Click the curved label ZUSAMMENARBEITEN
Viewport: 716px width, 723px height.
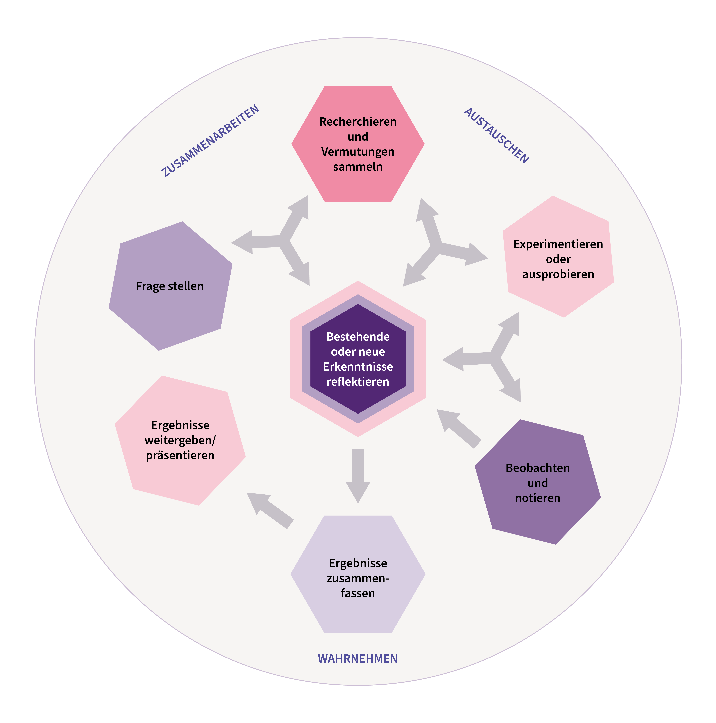coord(210,141)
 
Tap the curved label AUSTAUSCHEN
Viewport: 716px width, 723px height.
coord(496,135)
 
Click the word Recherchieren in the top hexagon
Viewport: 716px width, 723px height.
coord(358,122)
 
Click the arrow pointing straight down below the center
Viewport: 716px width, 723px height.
coord(358,473)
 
